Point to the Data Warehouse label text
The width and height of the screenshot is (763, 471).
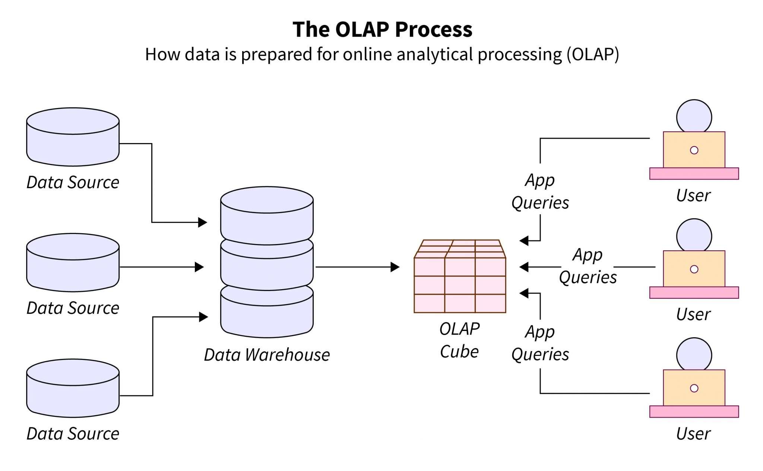267,354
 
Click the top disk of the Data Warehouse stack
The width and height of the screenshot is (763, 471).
267,216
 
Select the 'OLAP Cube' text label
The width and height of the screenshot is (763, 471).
459,340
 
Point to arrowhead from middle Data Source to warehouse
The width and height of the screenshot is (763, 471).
199,267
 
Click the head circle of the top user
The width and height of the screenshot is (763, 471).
694,116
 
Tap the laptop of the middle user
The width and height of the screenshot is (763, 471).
694,269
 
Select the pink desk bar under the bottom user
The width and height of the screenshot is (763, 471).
694,411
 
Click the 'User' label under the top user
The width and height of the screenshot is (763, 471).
693,195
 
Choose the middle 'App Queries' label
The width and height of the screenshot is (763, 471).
588,266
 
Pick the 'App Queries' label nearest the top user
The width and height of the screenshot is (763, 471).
540,191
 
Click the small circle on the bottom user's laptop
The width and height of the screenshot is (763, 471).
694,388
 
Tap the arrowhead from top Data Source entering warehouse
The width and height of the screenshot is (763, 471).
202,222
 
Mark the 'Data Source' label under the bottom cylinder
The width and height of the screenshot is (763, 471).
73,433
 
